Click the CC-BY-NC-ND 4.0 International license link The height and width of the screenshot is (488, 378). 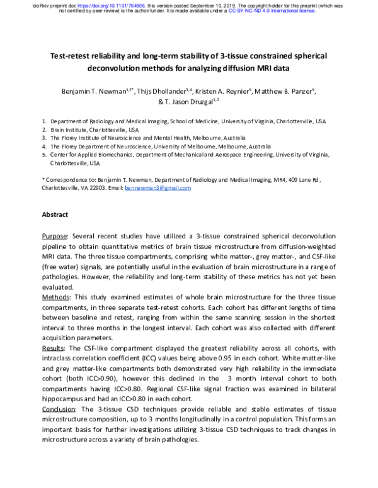(x=275, y=11)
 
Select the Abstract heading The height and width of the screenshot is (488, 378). (x=55, y=215)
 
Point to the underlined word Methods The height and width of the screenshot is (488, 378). (x=57, y=296)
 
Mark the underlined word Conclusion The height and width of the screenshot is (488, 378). (x=60, y=408)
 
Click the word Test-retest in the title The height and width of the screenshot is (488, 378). (x=76, y=56)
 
